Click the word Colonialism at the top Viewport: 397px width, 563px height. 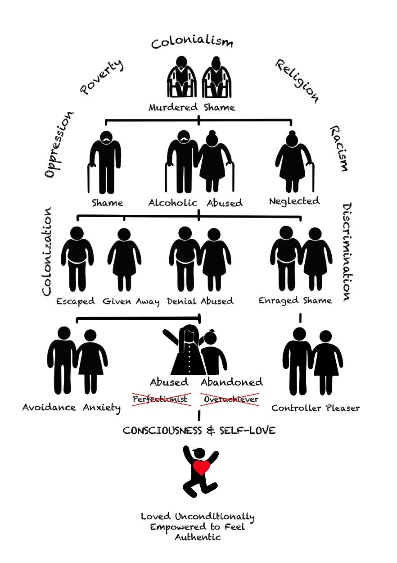click(192, 43)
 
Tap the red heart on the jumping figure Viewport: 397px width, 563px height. click(201, 468)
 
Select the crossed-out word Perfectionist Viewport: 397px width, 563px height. click(160, 399)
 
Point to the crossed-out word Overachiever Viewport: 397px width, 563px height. click(231, 399)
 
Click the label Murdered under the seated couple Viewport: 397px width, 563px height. click(173, 108)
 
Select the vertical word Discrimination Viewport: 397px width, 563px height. click(348, 252)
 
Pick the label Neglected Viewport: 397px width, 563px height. click(294, 201)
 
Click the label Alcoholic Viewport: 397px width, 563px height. click(173, 203)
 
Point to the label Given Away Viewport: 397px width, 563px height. click(131, 301)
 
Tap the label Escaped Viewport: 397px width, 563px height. click(76, 301)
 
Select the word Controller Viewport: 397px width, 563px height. click(295, 408)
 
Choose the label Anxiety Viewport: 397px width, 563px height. click(102, 408)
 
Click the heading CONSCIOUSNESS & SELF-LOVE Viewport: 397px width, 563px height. click(199, 431)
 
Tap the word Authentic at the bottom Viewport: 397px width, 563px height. click(198, 537)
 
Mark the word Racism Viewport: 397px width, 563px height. click(338, 149)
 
